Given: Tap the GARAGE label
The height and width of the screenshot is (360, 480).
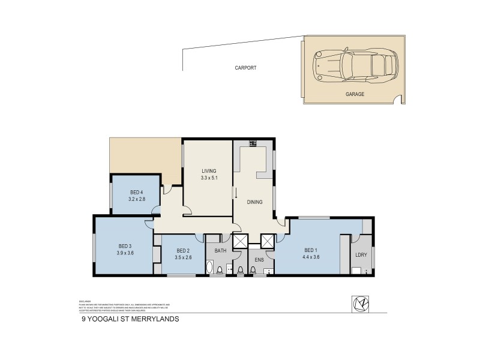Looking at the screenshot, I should [x=355, y=94].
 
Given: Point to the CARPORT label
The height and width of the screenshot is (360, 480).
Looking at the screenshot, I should [x=245, y=68].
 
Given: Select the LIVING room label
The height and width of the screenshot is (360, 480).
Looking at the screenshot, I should [x=208, y=171].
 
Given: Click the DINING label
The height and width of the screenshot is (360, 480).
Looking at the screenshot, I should [x=255, y=202].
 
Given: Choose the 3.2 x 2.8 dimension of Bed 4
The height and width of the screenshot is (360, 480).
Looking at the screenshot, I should [x=136, y=199].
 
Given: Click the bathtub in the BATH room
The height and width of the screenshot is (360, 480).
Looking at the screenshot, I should [x=209, y=267].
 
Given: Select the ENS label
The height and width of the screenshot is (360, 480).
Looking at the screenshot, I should [x=260, y=260].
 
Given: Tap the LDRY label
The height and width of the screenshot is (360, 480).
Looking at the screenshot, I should [x=362, y=255].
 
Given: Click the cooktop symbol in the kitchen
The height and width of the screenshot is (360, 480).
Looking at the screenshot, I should [x=253, y=143].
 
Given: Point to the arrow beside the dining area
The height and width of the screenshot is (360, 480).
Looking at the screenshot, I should [x=236, y=193].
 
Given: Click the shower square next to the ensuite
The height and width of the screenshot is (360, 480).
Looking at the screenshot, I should [x=268, y=241].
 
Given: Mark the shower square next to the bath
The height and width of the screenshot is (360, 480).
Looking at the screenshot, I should [x=240, y=241].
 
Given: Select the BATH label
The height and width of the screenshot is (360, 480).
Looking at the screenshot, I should [x=220, y=250].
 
